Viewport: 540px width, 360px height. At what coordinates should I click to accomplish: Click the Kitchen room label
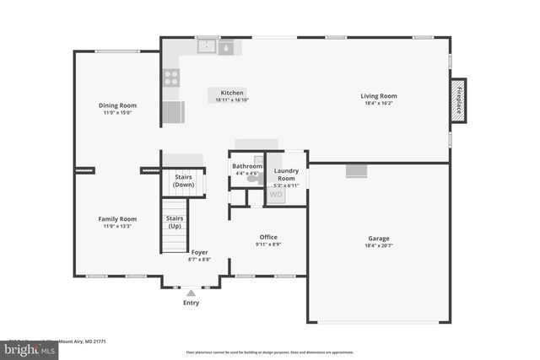[x=232, y=93]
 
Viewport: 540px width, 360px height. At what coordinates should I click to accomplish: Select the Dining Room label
[x=117, y=105]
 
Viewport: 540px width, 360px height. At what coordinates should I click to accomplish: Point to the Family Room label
[x=117, y=218]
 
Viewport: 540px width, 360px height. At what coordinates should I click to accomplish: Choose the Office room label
[x=268, y=237]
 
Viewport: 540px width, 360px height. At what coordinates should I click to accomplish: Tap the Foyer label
[x=199, y=252]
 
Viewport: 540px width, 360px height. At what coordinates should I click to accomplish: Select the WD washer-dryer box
[x=276, y=195]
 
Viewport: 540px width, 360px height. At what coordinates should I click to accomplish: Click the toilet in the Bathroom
[x=256, y=177]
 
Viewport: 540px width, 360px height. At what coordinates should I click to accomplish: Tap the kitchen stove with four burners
[x=170, y=78]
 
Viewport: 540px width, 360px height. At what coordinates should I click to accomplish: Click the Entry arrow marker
[x=192, y=292]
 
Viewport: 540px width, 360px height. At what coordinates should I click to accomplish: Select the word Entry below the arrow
[x=192, y=303]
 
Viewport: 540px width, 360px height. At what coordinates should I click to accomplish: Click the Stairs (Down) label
[x=183, y=180]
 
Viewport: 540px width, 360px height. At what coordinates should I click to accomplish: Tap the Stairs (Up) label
[x=175, y=223]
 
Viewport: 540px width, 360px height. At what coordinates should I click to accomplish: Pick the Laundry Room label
[x=286, y=175]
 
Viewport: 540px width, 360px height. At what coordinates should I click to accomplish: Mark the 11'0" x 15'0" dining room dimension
[x=117, y=112]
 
